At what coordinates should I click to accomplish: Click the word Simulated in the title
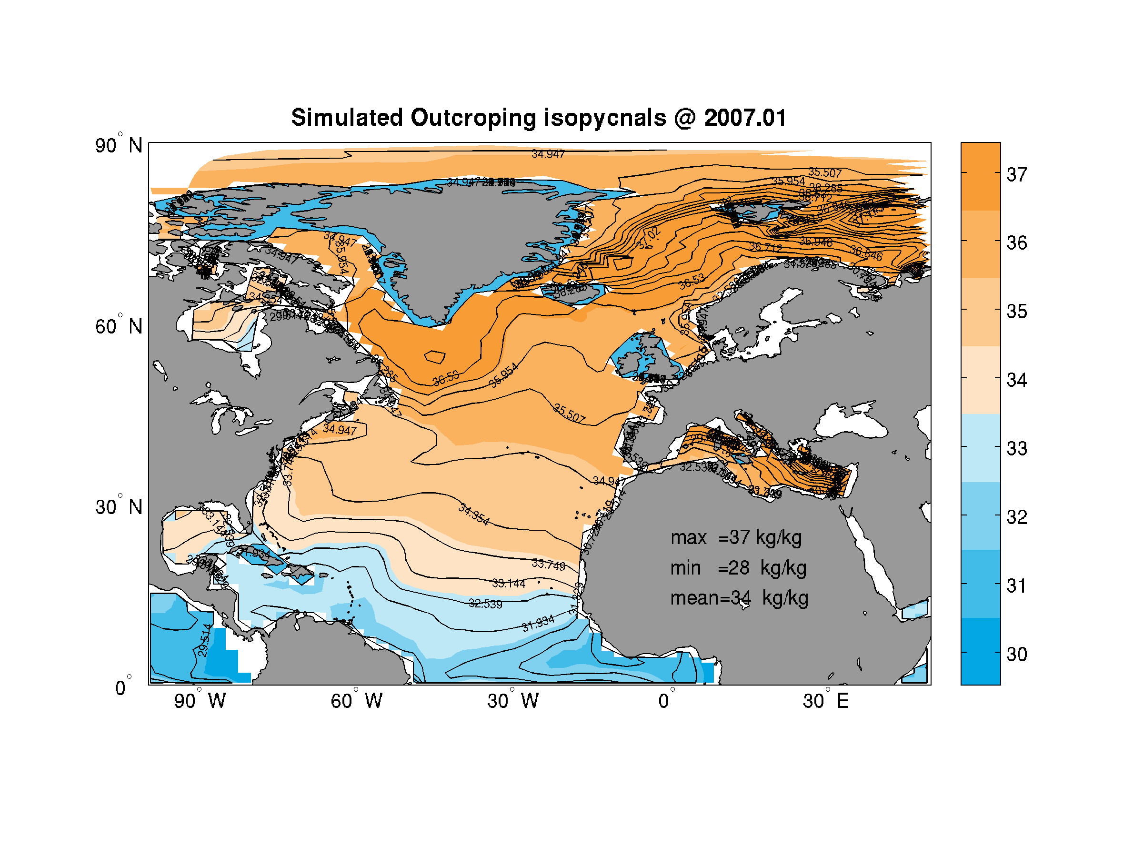(347, 118)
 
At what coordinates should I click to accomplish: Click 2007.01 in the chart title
(745, 118)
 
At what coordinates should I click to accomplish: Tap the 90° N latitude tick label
(118, 145)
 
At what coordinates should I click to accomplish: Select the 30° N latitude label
(118, 507)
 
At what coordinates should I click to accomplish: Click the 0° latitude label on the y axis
(122, 688)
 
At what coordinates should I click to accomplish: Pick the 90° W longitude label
(200, 701)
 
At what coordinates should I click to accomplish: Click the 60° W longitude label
(357, 701)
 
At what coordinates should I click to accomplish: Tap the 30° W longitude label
(513, 701)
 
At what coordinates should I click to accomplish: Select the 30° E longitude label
(826, 701)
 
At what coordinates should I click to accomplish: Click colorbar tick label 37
(1016, 175)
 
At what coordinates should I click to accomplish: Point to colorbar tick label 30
(1016, 655)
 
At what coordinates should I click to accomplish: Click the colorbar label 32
(1016, 517)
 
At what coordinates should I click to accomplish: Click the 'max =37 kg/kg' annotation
(736, 538)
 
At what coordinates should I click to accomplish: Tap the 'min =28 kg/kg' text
(738, 568)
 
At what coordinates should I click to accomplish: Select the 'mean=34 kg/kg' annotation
(740, 598)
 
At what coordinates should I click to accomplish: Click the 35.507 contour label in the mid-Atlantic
(570, 414)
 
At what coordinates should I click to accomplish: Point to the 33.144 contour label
(509, 584)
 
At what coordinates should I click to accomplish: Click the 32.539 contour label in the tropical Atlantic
(485, 604)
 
